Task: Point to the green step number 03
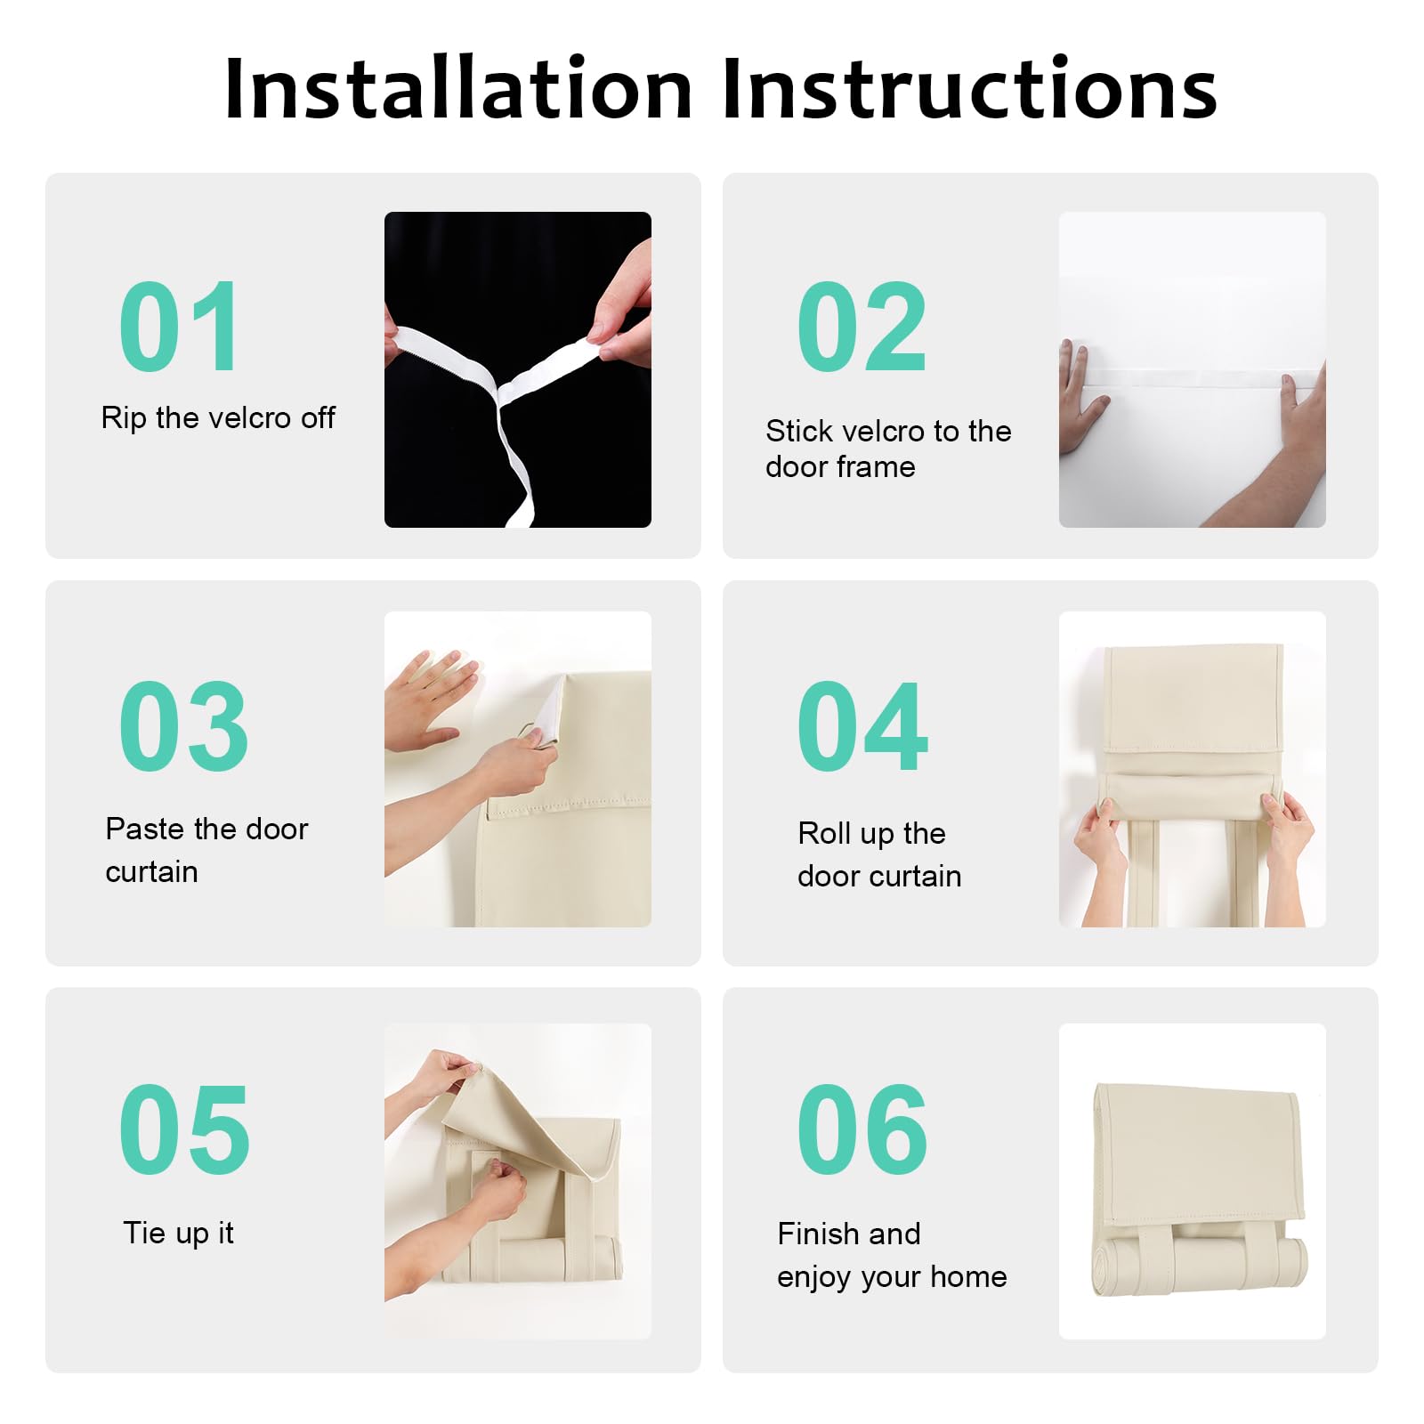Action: coord(183,726)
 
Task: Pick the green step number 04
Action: coord(862,726)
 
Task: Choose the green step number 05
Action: coord(184,1129)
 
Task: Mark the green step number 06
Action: coord(862,1129)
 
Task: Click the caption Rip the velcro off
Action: coord(218,417)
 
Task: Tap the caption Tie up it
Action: coord(178,1233)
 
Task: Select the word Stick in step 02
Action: coord(799,431)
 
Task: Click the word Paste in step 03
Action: coord(143,829)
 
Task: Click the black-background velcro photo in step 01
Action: coord(518,369)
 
